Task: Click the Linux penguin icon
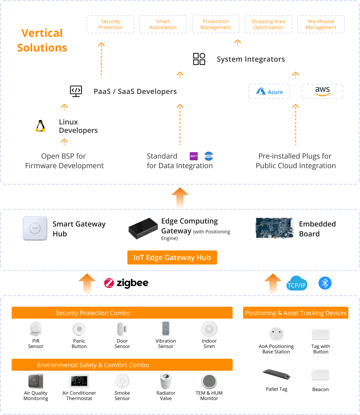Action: click(40, 126)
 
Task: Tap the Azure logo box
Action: click(269, 91)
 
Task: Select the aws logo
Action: click(322, 91)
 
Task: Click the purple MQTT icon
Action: click(194, 156)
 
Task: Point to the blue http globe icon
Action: click(209, 156)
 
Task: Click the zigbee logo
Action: click(126, 283)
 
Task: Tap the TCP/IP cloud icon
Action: click(297, 284)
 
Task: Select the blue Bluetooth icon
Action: click(325, 283)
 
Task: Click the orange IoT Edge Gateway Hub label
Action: click(172, 258)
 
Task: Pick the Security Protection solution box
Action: click(110, 24)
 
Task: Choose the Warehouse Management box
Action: click(321, 24)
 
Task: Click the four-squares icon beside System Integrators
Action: click(199, 59)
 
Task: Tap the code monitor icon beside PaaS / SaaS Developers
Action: click(76, 91)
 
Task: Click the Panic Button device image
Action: click(79, 329)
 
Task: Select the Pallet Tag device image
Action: click(277, 374)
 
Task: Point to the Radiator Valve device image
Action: click(166, 381)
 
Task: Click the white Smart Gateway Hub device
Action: click(35, 228)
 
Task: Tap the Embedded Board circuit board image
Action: click(275, 228)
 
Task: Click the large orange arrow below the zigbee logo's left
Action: click(87, 284)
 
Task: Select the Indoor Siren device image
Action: click(209, 329)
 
